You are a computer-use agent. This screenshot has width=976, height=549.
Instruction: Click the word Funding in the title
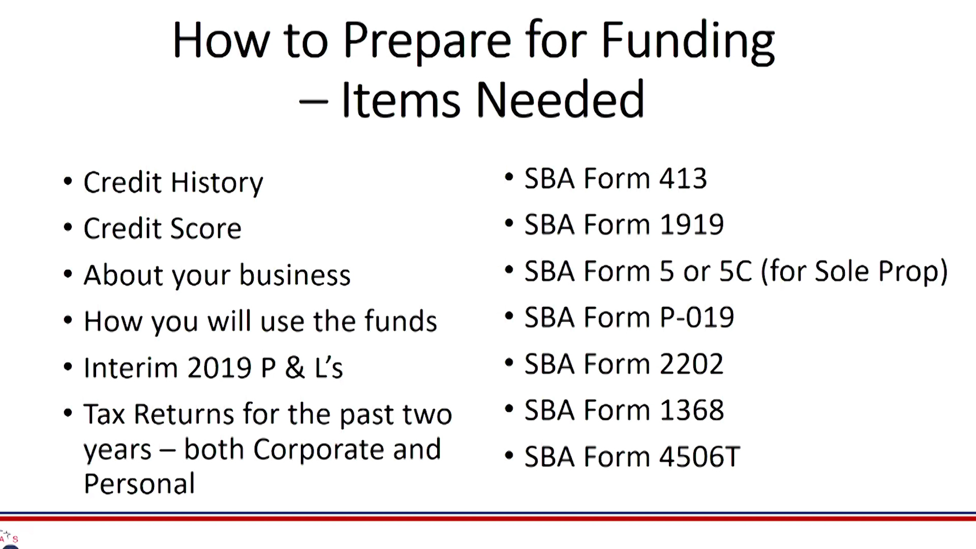688,41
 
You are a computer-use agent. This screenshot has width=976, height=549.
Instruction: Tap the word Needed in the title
560,100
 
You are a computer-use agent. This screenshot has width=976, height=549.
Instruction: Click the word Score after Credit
205,228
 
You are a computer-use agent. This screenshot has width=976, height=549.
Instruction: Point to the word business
295,274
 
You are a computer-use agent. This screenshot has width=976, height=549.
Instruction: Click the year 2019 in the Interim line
219,368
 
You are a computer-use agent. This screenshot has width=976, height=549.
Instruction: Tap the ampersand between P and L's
295,368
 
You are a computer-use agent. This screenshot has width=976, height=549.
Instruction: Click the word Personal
139,483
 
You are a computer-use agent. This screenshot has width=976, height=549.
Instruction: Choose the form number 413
683,178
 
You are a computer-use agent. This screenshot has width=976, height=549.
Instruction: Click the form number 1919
692,225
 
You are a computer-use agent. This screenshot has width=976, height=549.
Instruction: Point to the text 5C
736,271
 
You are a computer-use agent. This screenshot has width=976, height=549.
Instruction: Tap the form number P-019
697,317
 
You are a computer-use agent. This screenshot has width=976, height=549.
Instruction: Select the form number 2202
691,364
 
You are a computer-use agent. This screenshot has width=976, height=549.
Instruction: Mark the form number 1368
692,410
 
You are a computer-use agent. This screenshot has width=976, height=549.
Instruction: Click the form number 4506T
699,456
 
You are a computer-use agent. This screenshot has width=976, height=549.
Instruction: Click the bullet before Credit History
68,181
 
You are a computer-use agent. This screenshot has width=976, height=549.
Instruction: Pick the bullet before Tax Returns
68,413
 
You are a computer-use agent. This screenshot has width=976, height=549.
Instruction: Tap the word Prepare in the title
427,41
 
